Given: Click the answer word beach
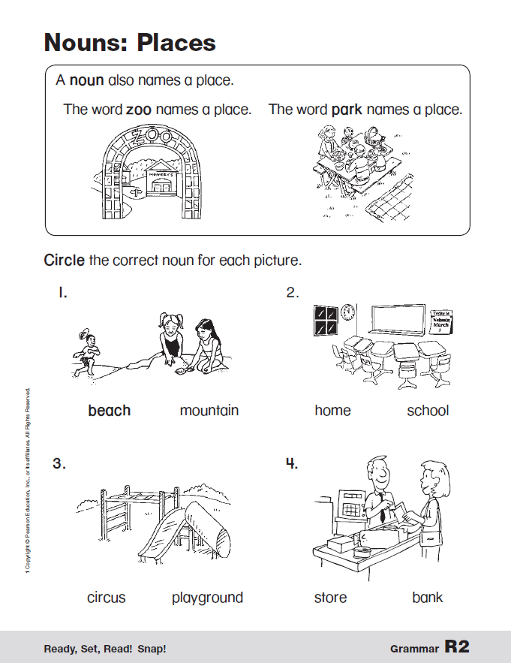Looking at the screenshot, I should pyautogui.click(x=109, y=411).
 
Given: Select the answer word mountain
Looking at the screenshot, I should pyautogui.click(x=209, y=411).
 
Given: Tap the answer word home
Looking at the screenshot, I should pyautogui.click(x=332, y=411).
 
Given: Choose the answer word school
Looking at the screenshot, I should pyautogui.click(x=428, y=411).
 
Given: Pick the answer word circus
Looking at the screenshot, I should pyautogui.click(x=107, y=598).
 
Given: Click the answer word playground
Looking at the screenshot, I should pyautogui.click(x=207, y=598).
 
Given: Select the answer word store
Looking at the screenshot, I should pyautogui.click(x=330, y=598).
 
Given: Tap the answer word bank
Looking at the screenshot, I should pyautogui.click(x=428, y=598).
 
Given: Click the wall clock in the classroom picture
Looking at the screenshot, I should pyautogui.click(x=347, y=312).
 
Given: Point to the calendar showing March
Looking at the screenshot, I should pyautogui.click(x=441, y=321).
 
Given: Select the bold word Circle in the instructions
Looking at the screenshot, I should pyautogui.click(x=64, y=261).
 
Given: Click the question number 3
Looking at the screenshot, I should pyautogui.click(x=59, y=463).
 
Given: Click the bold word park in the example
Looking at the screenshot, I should pyautogui.click(x=347, y=110).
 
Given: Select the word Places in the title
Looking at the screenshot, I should pyautogui.click(x=176, y=42).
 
